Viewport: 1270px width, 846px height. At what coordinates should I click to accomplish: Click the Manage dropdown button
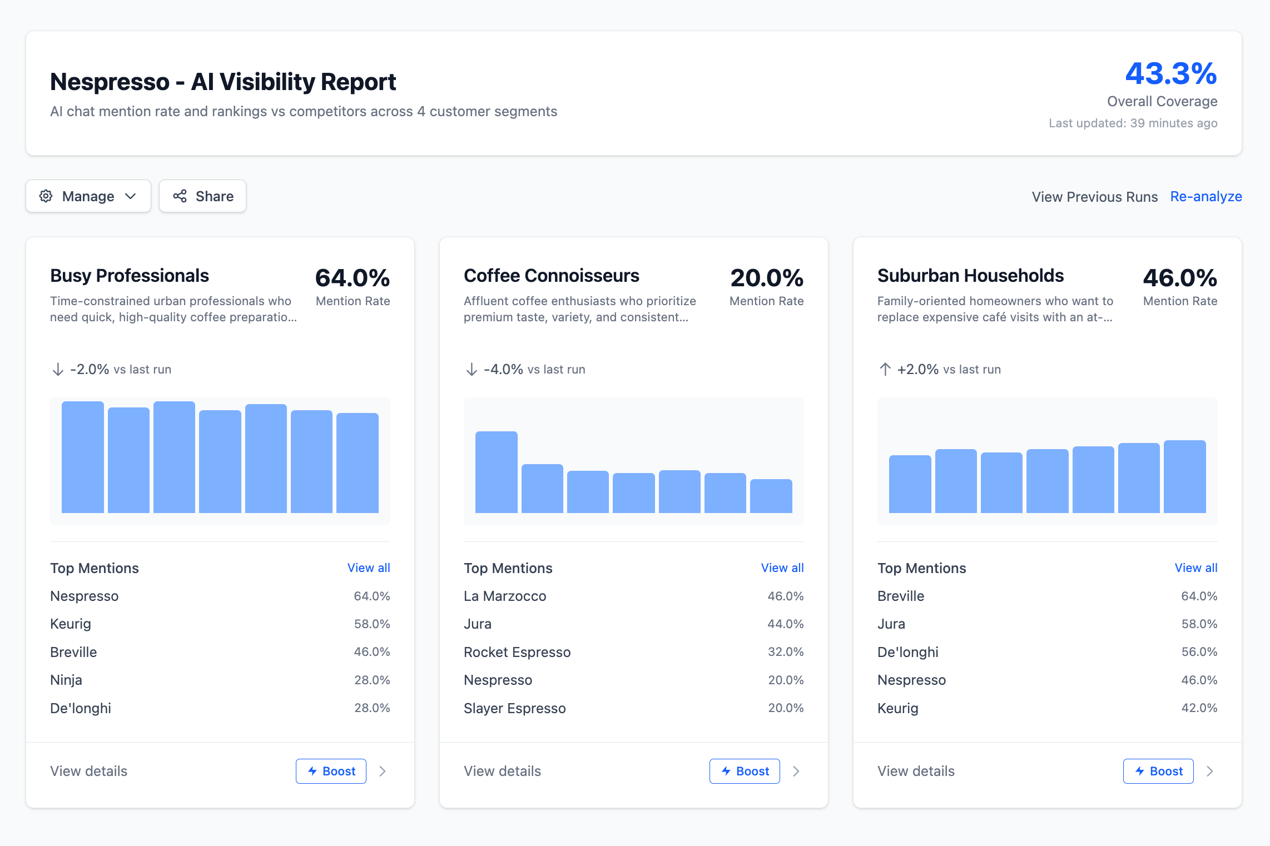point(88,196)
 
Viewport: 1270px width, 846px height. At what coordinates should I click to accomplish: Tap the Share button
point(202,196)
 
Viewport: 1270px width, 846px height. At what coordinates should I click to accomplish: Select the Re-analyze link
point(1205,197)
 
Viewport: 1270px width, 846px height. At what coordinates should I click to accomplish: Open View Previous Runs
point(1094,197)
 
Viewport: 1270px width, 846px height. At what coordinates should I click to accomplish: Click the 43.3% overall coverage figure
point(1170,74)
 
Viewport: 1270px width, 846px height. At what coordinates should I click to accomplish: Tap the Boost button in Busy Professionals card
point(331,771)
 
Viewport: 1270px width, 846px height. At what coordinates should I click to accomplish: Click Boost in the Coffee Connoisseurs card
point(745,771)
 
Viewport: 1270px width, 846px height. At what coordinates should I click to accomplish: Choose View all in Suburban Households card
point(1195,568)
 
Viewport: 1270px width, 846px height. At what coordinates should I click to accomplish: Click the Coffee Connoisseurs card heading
point(551,276)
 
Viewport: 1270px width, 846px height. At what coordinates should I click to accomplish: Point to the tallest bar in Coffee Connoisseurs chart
point(496,472)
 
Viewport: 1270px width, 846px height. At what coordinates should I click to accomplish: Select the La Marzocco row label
point(505,596)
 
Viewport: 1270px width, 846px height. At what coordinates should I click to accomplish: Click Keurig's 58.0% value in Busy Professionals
point(371,624)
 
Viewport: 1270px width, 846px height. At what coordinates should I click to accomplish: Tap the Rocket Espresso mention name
point(517,652)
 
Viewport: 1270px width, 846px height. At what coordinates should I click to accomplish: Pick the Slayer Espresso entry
point(514,708)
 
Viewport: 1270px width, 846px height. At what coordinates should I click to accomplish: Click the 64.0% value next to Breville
point(1199,596)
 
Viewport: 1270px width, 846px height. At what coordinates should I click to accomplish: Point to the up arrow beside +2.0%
point(885,369)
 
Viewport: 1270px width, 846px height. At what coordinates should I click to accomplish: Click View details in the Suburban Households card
point(916,771)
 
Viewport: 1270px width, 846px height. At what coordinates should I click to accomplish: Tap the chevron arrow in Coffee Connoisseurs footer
point(796,771)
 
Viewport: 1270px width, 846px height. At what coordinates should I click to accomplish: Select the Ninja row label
point(66,680)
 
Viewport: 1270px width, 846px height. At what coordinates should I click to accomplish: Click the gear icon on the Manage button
point(46,196)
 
